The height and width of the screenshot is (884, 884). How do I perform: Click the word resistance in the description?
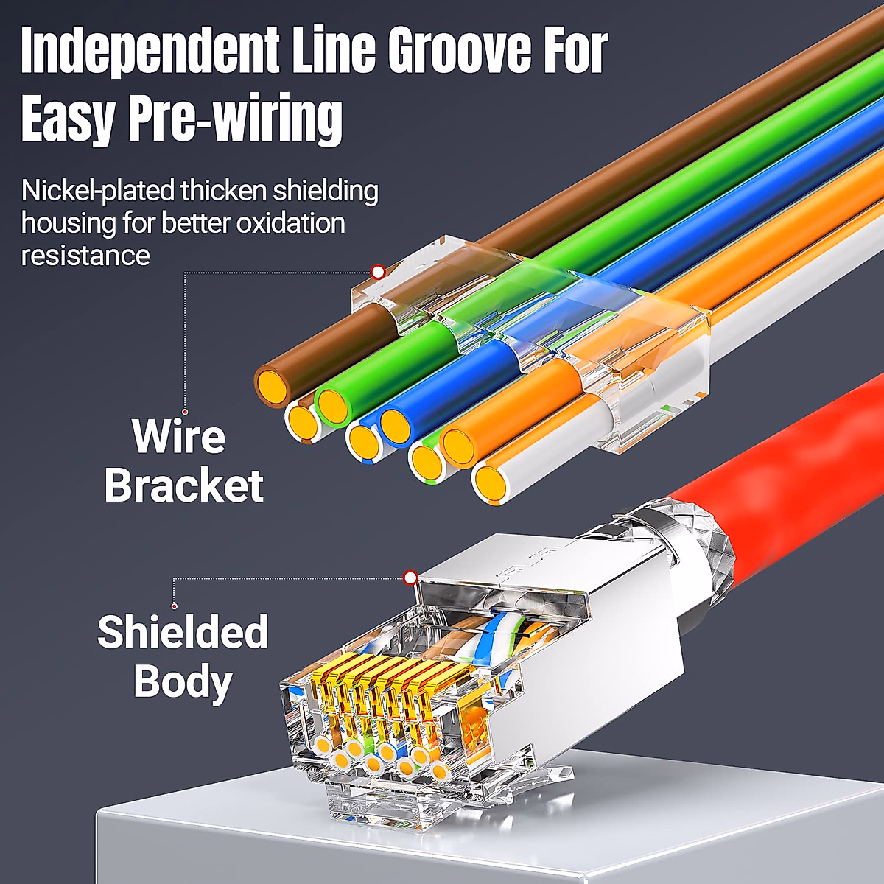click(x=85, y=256)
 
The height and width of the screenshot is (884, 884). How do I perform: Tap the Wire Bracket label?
click(x=182, y=461)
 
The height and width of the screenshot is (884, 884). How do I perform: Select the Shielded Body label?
click(x=182, y=656)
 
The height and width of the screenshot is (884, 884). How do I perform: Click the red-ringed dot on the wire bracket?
click(x=378, y=272)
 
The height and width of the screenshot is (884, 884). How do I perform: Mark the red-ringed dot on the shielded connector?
click(x=410, y=578)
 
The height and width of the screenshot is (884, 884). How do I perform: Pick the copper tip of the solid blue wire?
click(x=396, y=425)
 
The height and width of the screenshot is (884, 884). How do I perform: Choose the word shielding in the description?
click(x=325, y=191)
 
